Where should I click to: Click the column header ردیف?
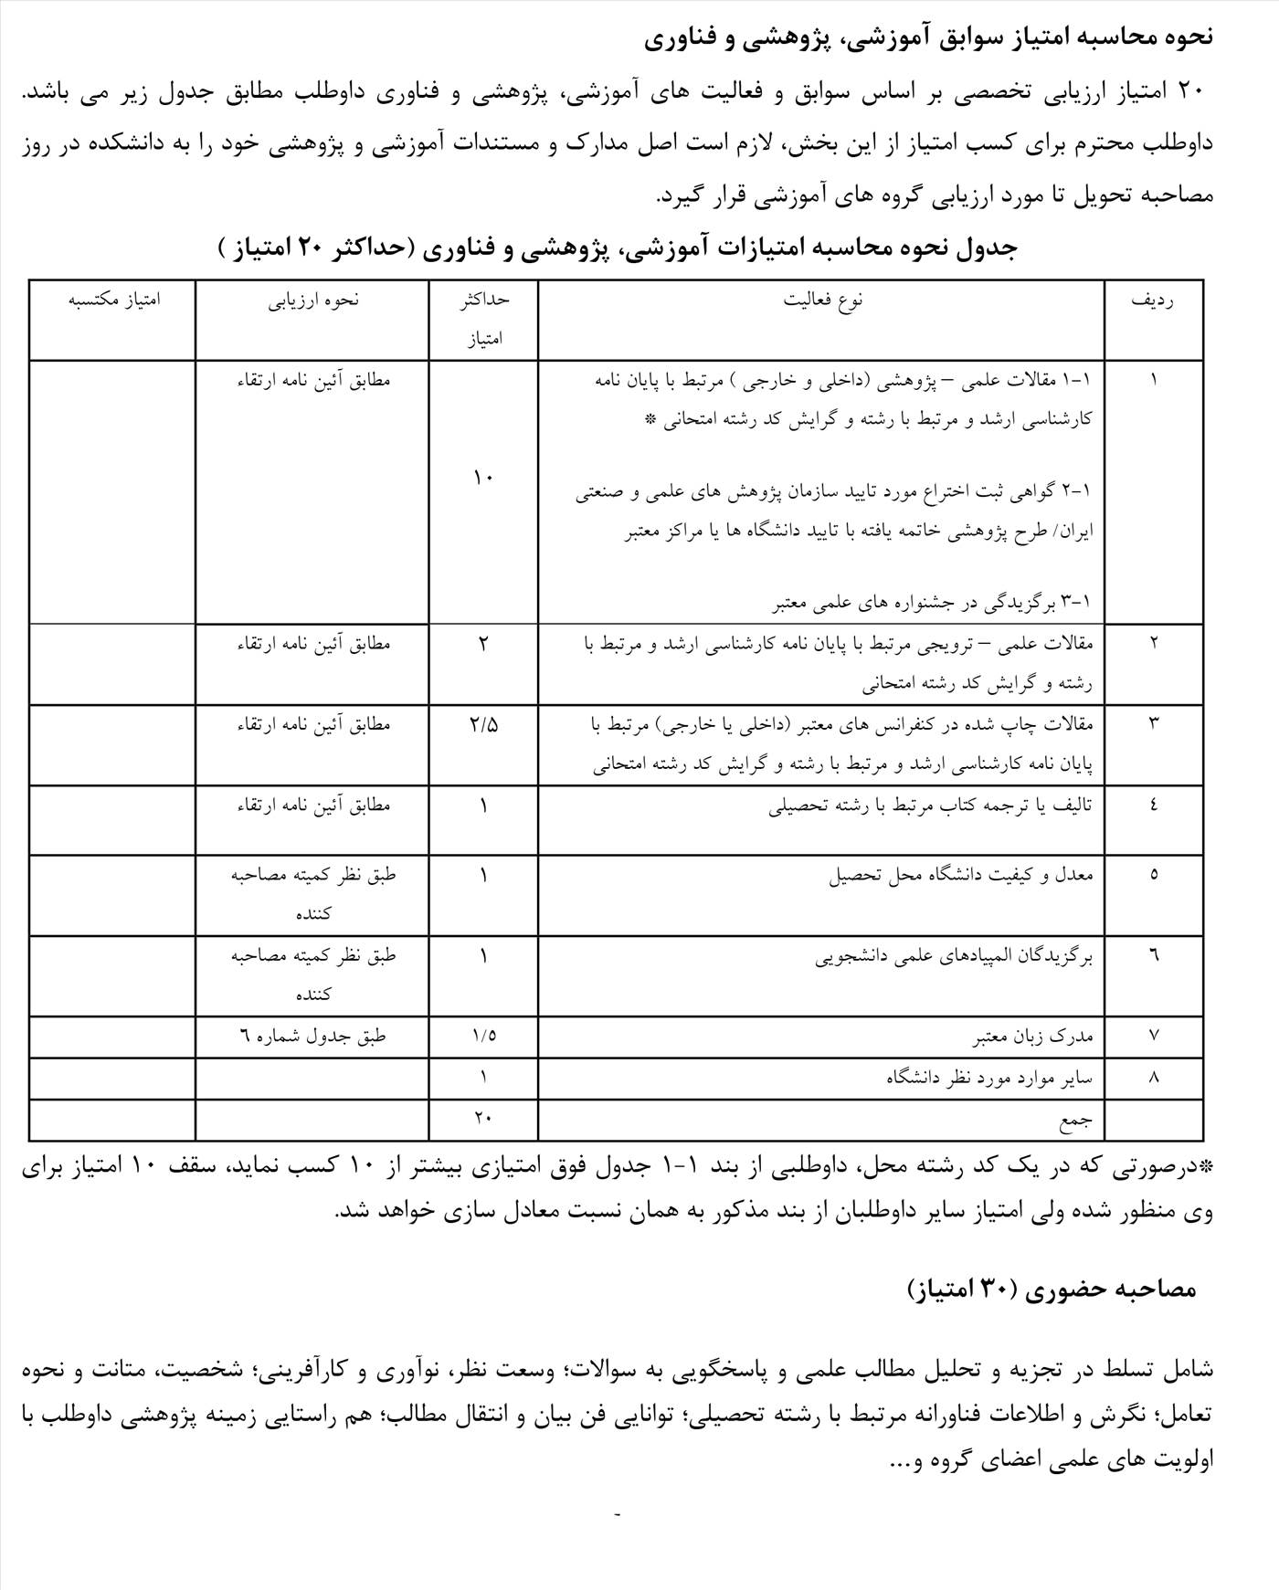tap(1153, 300)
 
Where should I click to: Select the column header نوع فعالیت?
tap(823, 300)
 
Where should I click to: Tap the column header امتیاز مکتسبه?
tap(114, 300)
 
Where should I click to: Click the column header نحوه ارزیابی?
tap(313, 300)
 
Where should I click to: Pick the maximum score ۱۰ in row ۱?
tap(483, 477)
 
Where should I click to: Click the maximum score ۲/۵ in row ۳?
tap(483, 725)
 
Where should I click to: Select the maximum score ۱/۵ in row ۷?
tap(483, 1036)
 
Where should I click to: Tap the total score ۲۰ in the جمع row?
tap(483, 1116)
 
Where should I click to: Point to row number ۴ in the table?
tap(1153, 806)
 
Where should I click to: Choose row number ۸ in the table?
tap(1153, 1078)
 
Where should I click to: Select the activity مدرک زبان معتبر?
tap(1032, 1037)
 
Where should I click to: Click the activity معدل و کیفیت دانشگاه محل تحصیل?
tap(961, 875)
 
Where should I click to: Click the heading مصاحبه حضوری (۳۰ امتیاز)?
tap(1051, 1288)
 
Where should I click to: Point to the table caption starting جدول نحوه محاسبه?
tap(618, 248)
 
